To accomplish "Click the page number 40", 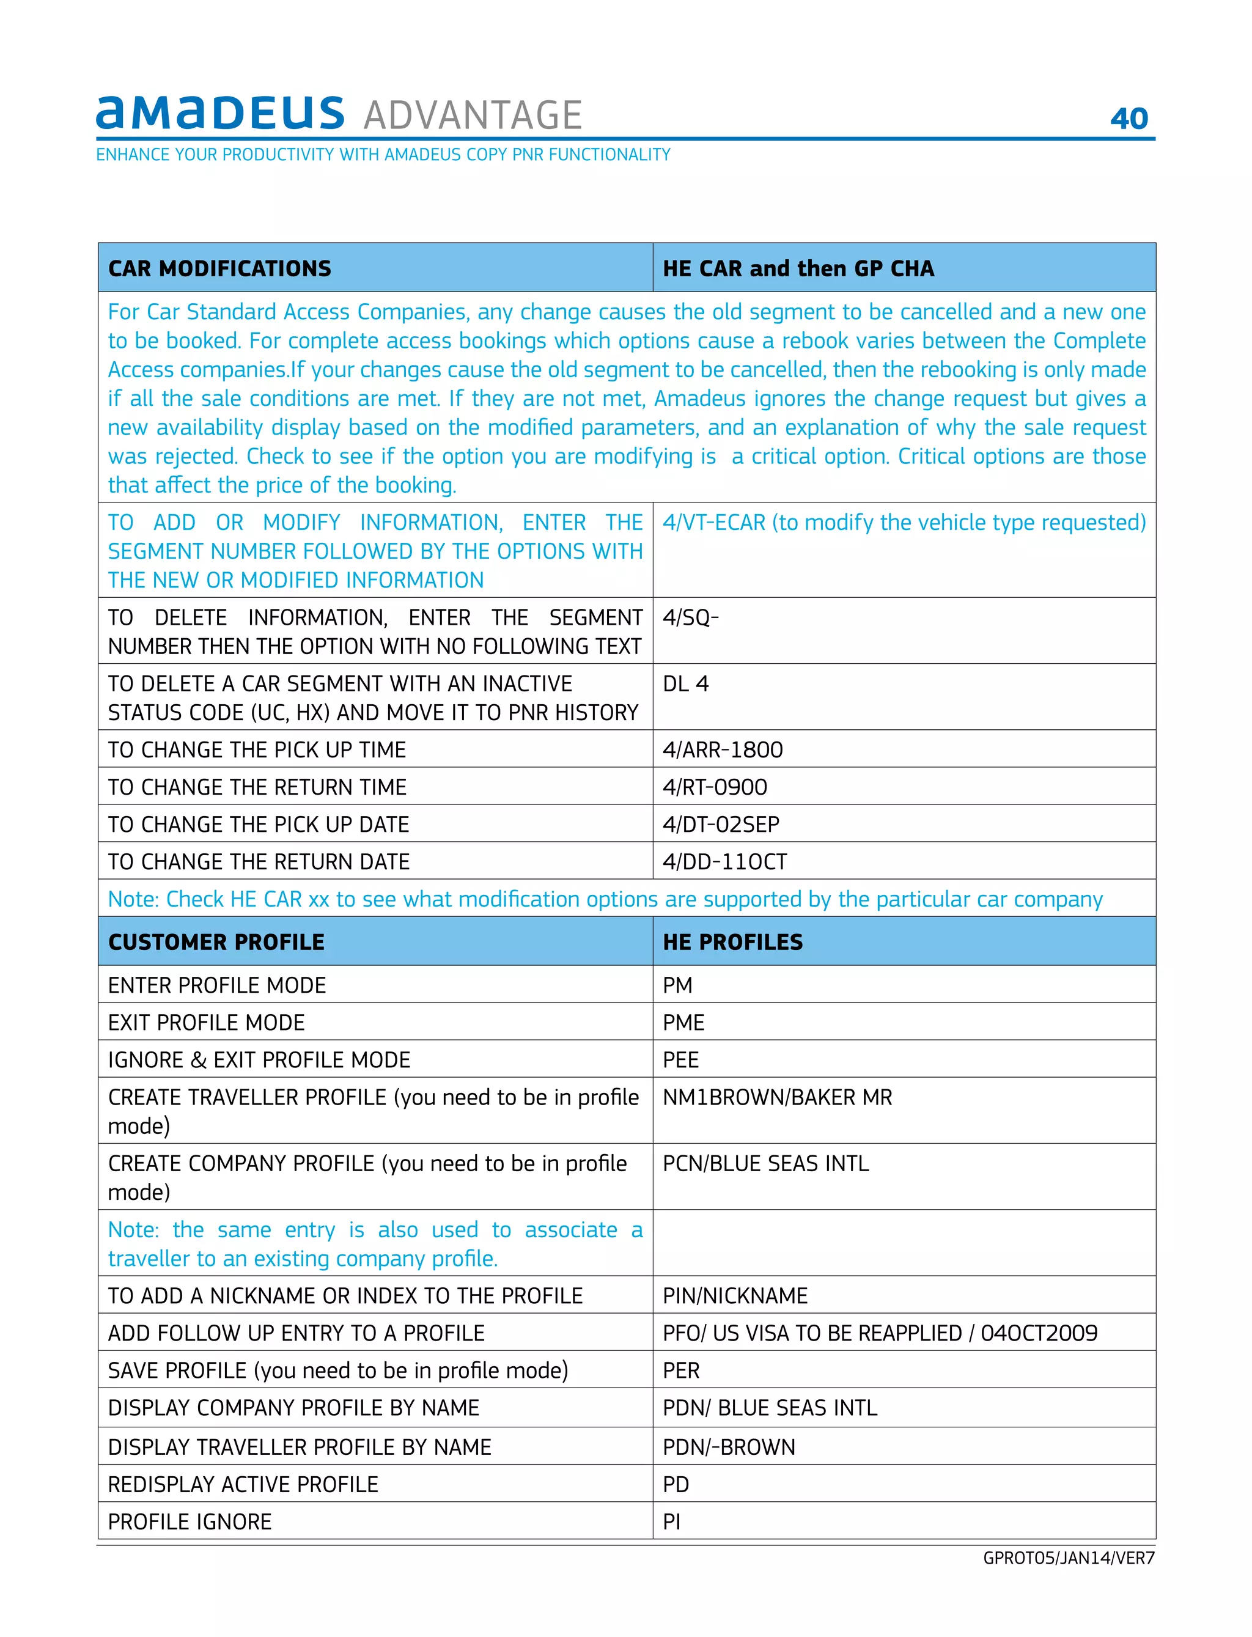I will pos(1129,119).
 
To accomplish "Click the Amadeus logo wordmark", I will pos(220,113).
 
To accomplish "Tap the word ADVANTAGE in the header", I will pos(473,116).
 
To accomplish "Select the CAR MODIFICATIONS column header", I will pos(220,268).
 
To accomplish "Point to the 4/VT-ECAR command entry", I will pos(903,522).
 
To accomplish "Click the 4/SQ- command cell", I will pos(690,617).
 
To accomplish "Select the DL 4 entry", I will pos(686,683).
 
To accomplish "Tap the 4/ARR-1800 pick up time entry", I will pos(722,749).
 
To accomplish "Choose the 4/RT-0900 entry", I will pos(715,787).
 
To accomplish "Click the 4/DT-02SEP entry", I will pos(721,824).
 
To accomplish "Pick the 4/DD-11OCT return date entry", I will pos(724,861).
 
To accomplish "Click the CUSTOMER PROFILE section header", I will pos(216,942).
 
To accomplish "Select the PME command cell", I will pos(683,1022).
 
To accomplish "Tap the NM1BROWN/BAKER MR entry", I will pos(776,1097).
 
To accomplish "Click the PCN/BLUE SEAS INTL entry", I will pos(765,1163).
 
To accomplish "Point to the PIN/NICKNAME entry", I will pos(735,1296).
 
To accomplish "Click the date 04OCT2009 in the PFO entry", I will pos(1038,1333).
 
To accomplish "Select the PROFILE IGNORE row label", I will pos(190,1521).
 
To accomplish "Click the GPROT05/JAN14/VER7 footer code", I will pos(1068,1558).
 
